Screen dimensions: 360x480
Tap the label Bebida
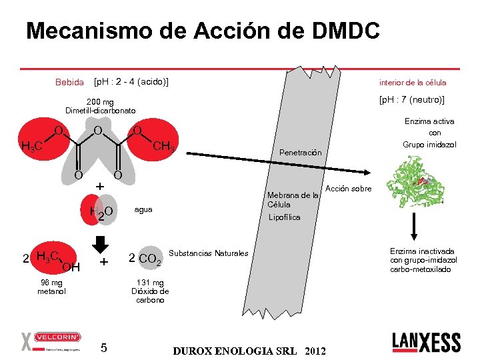click(x=69, y=83)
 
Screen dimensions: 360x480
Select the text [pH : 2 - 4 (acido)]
click(x=131, y=82)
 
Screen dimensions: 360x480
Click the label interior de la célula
click(x=413, y=83)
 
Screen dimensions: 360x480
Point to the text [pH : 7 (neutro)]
click(x=411, y=100)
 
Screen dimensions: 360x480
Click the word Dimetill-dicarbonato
click(x=100, y=110)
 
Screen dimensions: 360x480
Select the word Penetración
click(x=300, y=153)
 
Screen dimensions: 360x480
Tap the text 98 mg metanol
click(x=51, y=287)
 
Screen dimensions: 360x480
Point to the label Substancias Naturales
click(x=209, y=253)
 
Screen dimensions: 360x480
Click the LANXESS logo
click(x=426, y=341)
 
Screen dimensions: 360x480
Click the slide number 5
click(x=103, y=347)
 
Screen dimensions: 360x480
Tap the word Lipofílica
click(x=285, y=217)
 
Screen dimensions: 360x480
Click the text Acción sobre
click(x=349, y=189)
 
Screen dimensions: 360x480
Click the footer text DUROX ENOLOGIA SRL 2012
click(x=249, y=351)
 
